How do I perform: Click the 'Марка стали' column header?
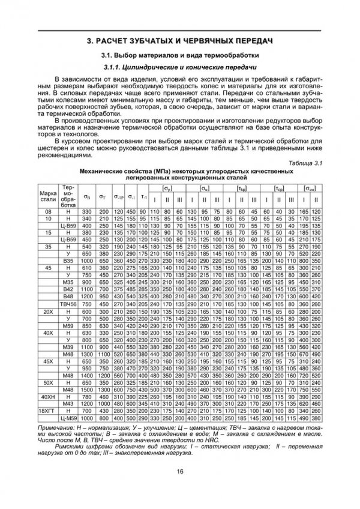(x=48, y=196)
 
